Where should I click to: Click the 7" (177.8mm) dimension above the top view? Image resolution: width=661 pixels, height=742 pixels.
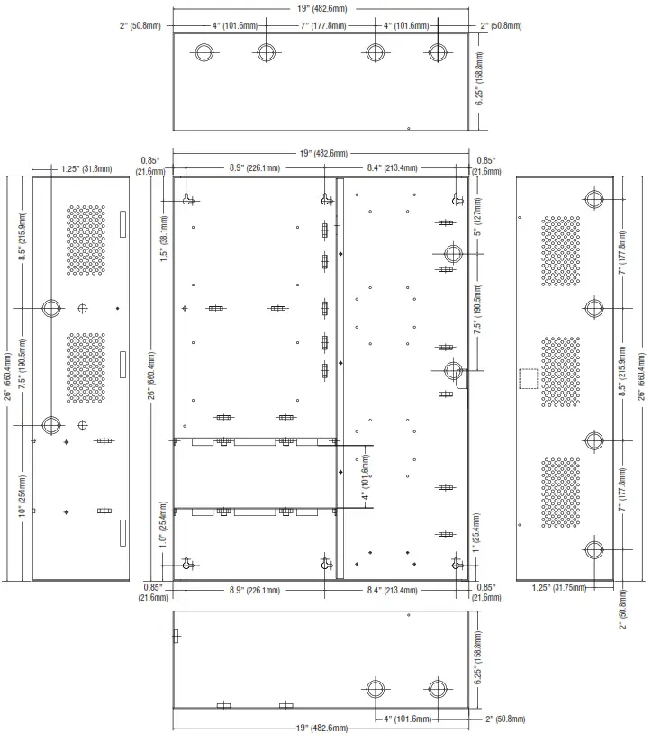point(323,25)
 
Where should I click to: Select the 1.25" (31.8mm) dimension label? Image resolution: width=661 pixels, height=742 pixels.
point(86,169)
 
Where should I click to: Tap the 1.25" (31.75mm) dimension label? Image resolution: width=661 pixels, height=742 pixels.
point(559,588)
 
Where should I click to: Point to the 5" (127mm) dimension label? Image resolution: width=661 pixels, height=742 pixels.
point(478,217)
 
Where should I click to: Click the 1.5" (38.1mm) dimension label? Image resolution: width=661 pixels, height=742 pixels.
point(164,239)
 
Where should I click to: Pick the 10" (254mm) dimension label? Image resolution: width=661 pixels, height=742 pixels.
point(23,496)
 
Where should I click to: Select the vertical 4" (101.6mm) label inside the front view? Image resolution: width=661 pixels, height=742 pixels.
point(366,477)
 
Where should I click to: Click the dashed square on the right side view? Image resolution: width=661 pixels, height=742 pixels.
point(529,378)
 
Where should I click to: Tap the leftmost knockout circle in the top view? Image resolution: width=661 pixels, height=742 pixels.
point(204,52)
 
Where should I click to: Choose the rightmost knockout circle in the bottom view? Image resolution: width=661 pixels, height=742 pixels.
point(438,689)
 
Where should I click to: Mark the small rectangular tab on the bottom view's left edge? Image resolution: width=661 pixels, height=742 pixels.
point(176,636)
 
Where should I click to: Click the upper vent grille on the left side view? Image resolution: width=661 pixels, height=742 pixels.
point(86,240)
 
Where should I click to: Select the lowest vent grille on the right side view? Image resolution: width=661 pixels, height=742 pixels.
point(561,493)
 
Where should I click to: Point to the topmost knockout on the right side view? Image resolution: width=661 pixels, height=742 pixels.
point(593,199)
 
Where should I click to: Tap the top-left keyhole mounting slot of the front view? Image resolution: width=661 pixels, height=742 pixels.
point(187,199)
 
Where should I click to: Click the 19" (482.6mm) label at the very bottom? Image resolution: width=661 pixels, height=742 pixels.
point(321,728)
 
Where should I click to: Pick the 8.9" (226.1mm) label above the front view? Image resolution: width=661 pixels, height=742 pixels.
point(255,168)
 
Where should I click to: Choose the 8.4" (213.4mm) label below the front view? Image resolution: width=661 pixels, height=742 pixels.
point(393,590)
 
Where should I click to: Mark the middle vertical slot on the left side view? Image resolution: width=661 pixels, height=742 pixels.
point(123,365)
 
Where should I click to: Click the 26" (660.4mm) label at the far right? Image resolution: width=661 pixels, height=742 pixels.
point(641,376)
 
